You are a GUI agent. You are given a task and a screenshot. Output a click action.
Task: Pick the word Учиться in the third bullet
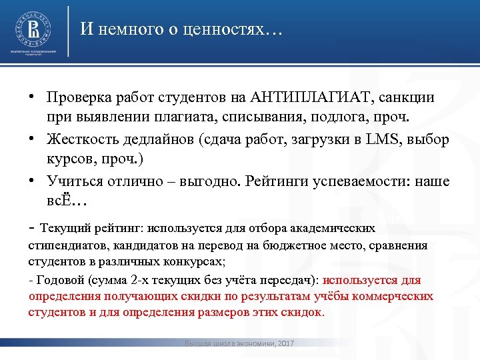pos(73,181)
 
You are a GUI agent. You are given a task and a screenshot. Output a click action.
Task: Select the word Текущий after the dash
pos(65,227)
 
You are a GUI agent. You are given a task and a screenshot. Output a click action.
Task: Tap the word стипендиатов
pos(63,245)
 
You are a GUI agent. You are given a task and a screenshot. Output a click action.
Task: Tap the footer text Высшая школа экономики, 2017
pos(239,343)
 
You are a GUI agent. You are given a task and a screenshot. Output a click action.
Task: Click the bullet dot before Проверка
pos(32,98)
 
